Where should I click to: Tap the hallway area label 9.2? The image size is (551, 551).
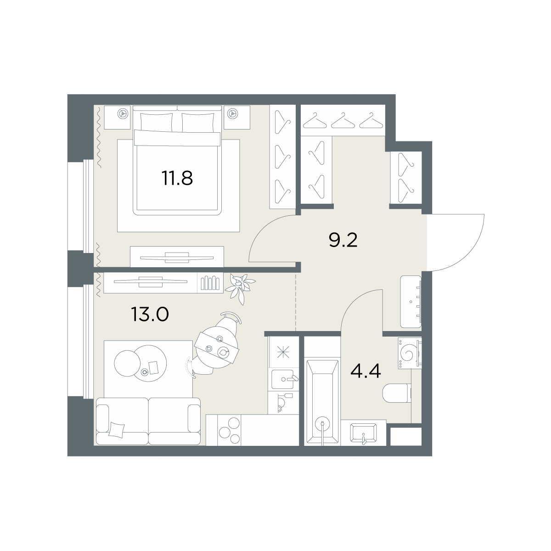(x=343, y=240)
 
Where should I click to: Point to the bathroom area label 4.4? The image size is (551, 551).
(x=365, y=371)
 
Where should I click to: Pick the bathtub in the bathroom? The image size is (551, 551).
(x=322, y=403)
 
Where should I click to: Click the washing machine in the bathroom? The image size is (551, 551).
(x=410, y=353)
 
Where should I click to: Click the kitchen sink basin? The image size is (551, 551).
(x=282, y=379)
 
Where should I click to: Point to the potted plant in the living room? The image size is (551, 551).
(x=240, y=287)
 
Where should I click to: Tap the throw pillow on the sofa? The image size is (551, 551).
(x=117, y=430)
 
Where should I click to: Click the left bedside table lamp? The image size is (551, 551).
(x=123, y=114)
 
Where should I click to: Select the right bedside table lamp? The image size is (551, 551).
(x=232, y=114)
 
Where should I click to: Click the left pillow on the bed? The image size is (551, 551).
(x=157, y=123)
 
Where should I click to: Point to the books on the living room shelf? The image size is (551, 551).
(x=210, y=283)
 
